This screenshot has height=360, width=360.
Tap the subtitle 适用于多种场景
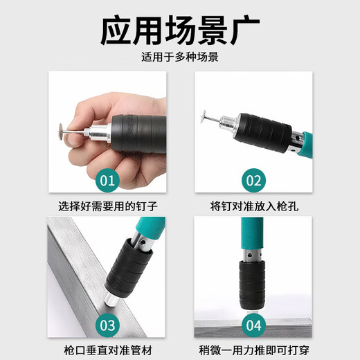point(179,57)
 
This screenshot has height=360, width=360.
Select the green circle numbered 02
point(254,181)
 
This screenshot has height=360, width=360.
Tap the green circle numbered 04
point(254,325)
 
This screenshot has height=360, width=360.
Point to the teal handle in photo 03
point(151,228)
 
